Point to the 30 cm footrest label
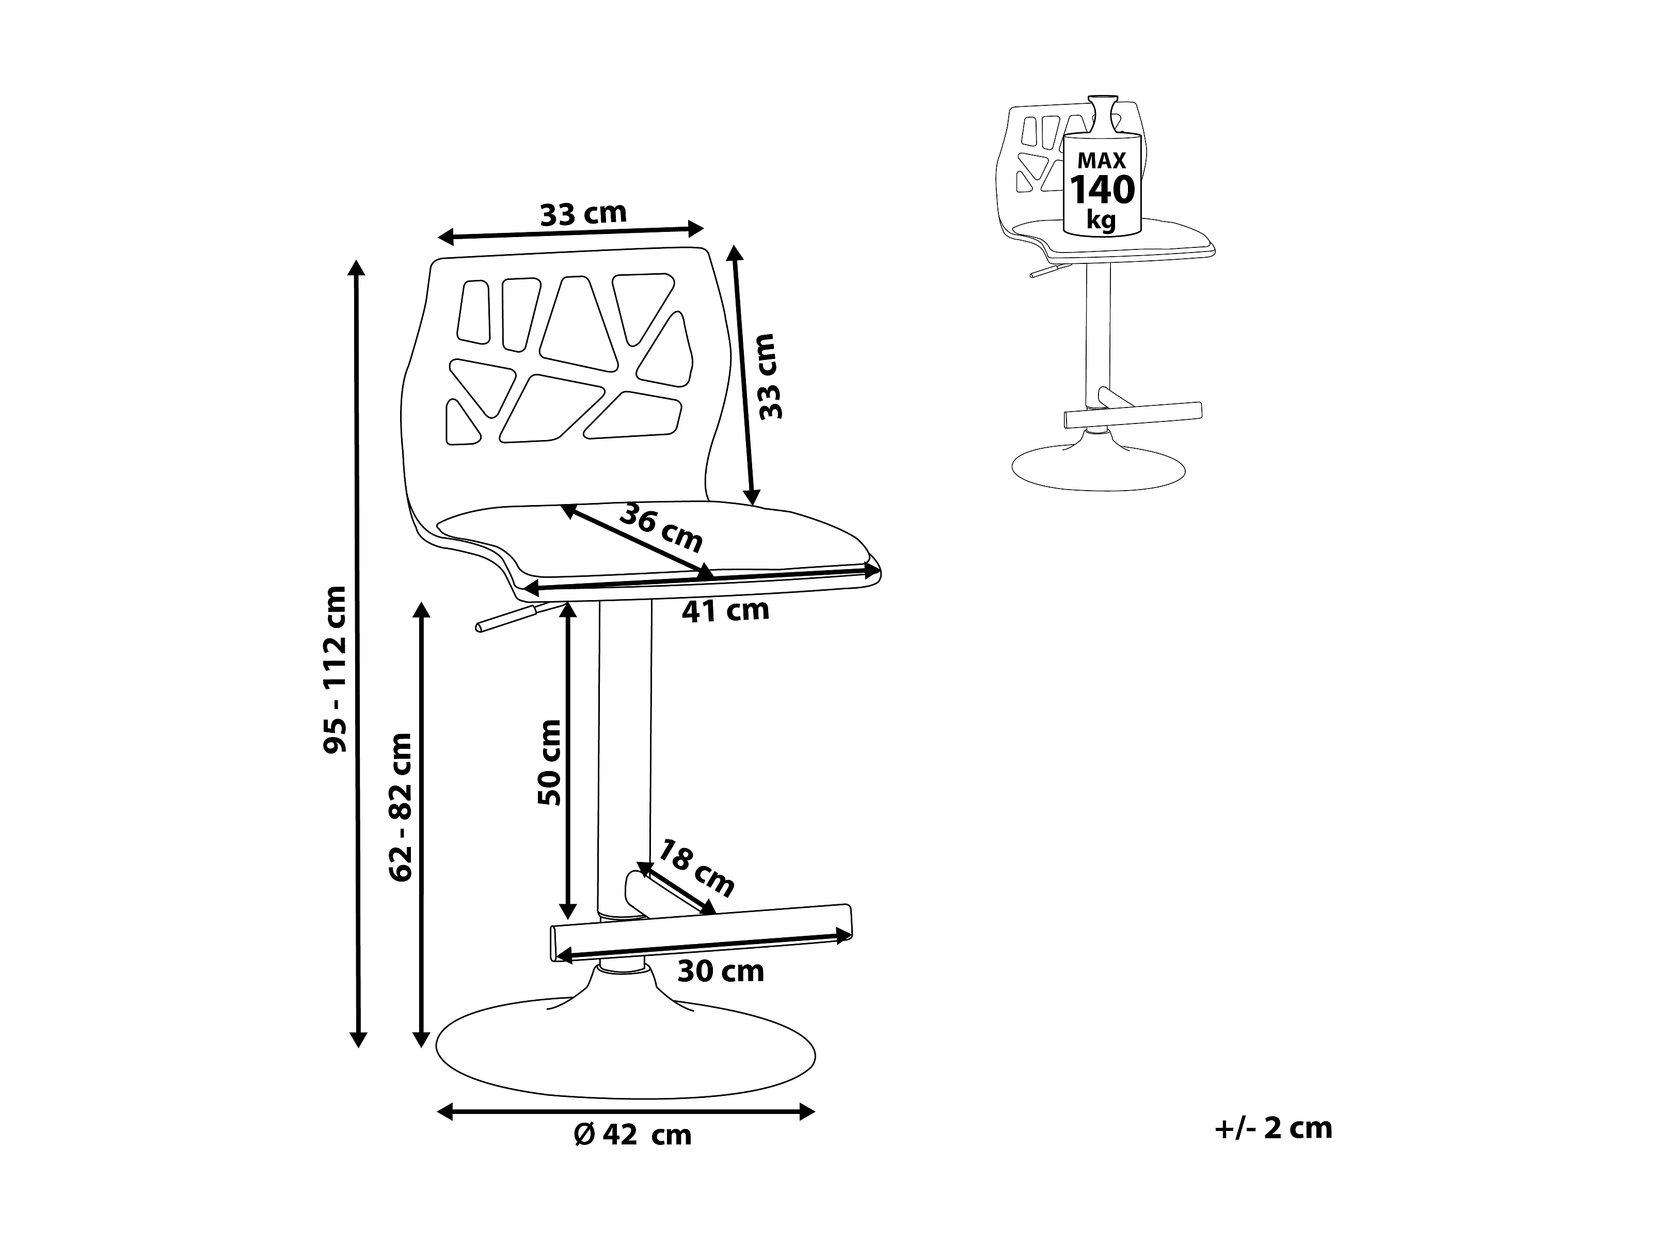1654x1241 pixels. tap(720, 972)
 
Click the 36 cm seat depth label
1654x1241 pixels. tap(662, 527)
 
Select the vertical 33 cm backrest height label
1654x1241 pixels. tap(769, 376)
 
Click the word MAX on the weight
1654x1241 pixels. tap(1102, 161)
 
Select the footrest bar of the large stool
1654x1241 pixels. tap(702, 932)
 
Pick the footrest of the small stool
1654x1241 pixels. tap(1132, 414)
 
